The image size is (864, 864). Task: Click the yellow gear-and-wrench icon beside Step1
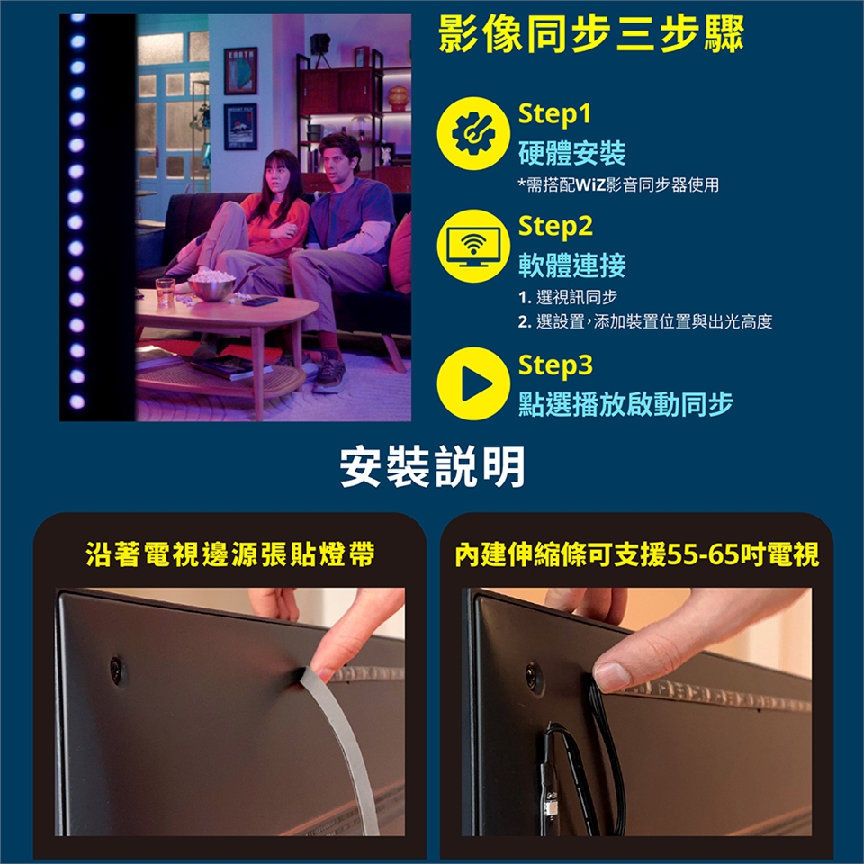pos(472,133)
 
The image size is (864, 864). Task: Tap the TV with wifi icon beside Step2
pos(472,246)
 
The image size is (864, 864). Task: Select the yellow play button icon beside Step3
pos(472,383)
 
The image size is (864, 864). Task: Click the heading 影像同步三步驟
pos(591,34)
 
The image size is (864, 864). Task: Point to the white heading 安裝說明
pos(432,467)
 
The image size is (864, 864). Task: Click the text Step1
pos(554,113)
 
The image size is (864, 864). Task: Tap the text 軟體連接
pos(572,265)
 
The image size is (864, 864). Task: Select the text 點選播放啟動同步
pos(625,404)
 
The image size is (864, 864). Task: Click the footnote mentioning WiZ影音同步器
pos(618,185)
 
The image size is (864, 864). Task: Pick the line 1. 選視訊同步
pos(568,298)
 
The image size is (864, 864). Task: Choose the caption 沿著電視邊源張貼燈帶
pos(230,554)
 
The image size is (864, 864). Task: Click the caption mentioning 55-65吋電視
pos(637,555)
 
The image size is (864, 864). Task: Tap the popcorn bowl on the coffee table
pos(211,284)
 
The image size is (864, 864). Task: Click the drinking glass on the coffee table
pos(166,291)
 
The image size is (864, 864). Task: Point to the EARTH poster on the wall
pos(240,70)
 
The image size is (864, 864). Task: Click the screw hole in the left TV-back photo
pos(116,670)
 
